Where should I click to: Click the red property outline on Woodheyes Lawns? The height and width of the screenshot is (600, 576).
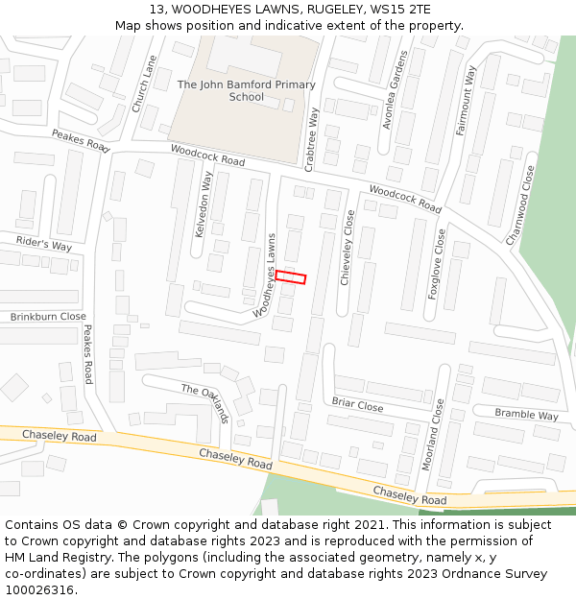(291, 276)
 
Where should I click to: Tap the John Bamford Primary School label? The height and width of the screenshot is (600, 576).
(247, 91)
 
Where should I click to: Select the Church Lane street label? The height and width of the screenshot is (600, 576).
(144, 84)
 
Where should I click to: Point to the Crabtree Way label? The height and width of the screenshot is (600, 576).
(312, 139)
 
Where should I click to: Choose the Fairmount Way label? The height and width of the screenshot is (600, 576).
(467, 101)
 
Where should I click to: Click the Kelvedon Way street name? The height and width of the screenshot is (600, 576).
(204, 204)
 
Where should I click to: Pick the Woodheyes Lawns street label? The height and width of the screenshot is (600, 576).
(266, 276)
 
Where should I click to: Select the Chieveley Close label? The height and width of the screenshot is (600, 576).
(348, 248)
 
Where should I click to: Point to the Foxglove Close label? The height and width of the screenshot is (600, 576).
(437, 264)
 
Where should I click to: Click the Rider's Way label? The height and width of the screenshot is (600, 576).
(44, 243)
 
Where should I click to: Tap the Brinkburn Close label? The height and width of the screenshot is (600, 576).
(48, 317)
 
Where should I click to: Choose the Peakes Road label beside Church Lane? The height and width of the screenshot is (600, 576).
(81, 141)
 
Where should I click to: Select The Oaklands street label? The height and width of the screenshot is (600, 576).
(205, 402)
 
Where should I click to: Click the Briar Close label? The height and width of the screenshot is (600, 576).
(357, 405)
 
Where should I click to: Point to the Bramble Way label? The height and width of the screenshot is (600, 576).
(526, 415)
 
